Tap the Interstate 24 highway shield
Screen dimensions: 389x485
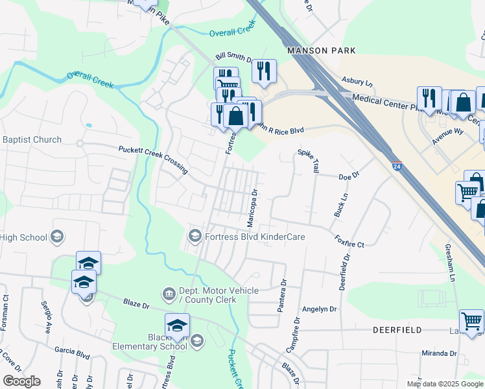pyautogui.click(x=396, y=166)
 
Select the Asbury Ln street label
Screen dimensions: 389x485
pyautogui.click(x=357, y=83)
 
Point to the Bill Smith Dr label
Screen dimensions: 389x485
pyautogui.click(x=234, y=58)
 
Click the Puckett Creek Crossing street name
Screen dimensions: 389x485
pyautogui.click(x=153, y=159)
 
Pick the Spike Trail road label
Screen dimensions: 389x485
pyautogui.click(x=309, y=161)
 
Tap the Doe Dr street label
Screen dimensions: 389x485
pyautogui.click(x=349, y=176)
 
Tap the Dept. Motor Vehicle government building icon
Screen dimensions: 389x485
pyautogui.click(x=169, y=294)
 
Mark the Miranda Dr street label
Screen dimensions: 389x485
pyautogui.click(x=439, y=353)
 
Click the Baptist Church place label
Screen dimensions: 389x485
pyautogui.click(x=32, y=139)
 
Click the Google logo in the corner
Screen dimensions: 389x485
pyautogui.click(x=21, y=381)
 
